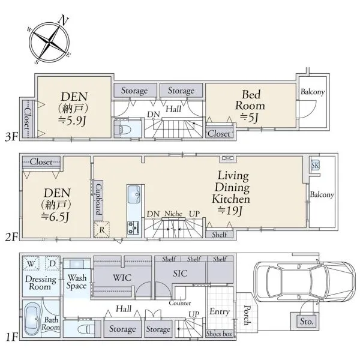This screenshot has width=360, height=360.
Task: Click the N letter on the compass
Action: pos(63,20)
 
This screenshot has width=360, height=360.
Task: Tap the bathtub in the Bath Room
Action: pos(32,319)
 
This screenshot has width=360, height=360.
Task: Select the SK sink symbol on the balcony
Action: pos(315,166)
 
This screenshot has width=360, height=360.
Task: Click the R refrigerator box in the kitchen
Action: pos(102,229)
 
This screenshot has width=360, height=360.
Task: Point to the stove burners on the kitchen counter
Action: pos(133,227)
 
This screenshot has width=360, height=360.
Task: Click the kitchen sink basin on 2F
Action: pos(134,194)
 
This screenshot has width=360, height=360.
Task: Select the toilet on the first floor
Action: pos(86,329)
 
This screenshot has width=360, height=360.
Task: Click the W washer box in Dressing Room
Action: pos(31,263)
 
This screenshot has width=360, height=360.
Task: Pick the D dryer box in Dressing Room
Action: pos(53,263)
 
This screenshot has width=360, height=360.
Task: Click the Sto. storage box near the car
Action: pos(307,321)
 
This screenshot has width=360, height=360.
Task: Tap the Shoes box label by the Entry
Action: pos(219,334)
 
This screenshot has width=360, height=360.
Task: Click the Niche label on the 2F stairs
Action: pos(173,214)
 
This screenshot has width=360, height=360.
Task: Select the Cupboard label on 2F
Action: pos(99,199)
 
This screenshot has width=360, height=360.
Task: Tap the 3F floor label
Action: pos(11,137)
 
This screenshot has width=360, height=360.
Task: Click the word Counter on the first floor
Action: pos(180,303)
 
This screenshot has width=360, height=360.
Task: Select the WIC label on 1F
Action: pos(122,278)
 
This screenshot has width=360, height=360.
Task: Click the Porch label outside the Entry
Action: pos(247,315)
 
